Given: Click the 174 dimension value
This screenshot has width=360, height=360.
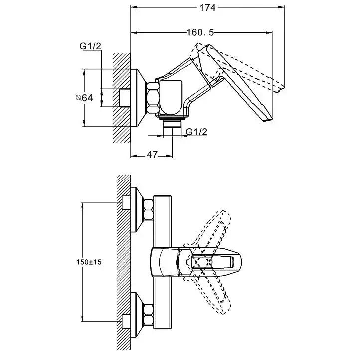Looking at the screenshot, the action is click(x=207, y=8).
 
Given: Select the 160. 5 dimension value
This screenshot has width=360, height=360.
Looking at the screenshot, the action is click(x=200, y=33).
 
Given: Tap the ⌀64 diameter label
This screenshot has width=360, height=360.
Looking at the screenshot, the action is click(x=84, y=98).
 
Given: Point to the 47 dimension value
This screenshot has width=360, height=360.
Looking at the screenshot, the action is click(x=152, y=155).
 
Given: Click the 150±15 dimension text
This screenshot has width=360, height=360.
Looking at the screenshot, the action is click(x=89, y=262).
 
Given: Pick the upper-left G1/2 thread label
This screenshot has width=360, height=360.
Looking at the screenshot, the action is click(x=90, y=46).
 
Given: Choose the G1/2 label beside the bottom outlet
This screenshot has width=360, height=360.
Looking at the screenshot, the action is click(x=196, y=132).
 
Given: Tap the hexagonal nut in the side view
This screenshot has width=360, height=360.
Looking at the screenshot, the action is click(x=153, y=98).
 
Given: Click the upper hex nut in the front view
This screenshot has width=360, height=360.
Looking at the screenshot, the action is click(x=148, y=209).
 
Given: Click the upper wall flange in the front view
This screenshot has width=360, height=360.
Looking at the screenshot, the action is click(x=137, y=209).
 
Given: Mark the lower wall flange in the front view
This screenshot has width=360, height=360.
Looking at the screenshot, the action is click(x=137, y=315).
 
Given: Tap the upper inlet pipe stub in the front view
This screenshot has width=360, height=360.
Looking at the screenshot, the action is click(x=126, y=203).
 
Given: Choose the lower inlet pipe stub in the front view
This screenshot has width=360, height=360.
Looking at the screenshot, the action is click(x=126, y=321).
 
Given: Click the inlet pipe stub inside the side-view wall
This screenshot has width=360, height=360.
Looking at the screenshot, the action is click(x=125, y=98).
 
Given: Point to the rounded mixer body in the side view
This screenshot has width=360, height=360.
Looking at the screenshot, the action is click(x=171, y=97).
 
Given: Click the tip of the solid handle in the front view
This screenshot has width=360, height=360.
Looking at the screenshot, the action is click(x=241, y=262).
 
